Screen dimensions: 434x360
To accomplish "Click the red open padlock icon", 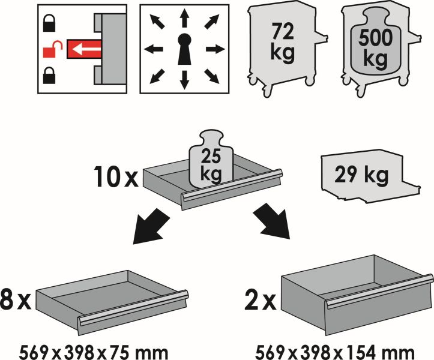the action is (x=52, y=49).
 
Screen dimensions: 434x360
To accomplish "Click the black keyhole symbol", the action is (x=184, y=49).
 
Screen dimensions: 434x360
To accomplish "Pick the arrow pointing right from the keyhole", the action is (x=215, y=50).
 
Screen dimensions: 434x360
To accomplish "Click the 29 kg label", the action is (x=361, y=175).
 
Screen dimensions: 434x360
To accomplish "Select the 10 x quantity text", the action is (x=116, y=176).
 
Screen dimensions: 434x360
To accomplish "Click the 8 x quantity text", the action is (x=15, y=299).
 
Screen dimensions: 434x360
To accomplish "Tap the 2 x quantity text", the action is (x=261, y=299).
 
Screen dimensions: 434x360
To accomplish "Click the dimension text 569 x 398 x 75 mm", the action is (x=93, y=352).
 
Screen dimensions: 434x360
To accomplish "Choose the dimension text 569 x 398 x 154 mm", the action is (x=334, y=352).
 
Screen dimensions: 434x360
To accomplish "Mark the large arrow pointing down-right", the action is (x=273, y=221).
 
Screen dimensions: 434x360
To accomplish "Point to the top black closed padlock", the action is (x=49, y=23).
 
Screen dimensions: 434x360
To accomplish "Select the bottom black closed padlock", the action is (x=49, y=75).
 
